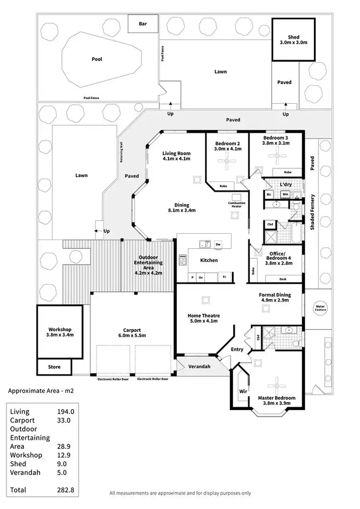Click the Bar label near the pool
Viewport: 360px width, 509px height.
[143, 24]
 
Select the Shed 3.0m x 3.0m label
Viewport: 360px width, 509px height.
[293, 40]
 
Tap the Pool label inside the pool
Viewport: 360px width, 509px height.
[97, 60]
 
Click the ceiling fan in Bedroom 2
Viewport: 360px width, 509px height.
[227, 162]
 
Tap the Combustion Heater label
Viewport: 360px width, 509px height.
[237, 205]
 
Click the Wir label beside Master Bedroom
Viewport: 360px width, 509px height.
[243, 391]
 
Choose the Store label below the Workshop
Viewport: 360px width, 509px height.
[54, 367]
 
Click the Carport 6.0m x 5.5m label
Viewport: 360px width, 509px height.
[132, 333]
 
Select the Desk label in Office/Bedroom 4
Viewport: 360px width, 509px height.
[282, 279]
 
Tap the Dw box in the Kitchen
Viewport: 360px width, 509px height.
[218, 244]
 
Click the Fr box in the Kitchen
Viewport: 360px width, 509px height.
[224, 277]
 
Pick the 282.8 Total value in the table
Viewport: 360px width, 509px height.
[65, 490]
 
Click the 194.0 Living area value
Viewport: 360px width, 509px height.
[65, 412]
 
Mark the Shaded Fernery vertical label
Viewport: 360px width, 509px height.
[312, 212]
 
